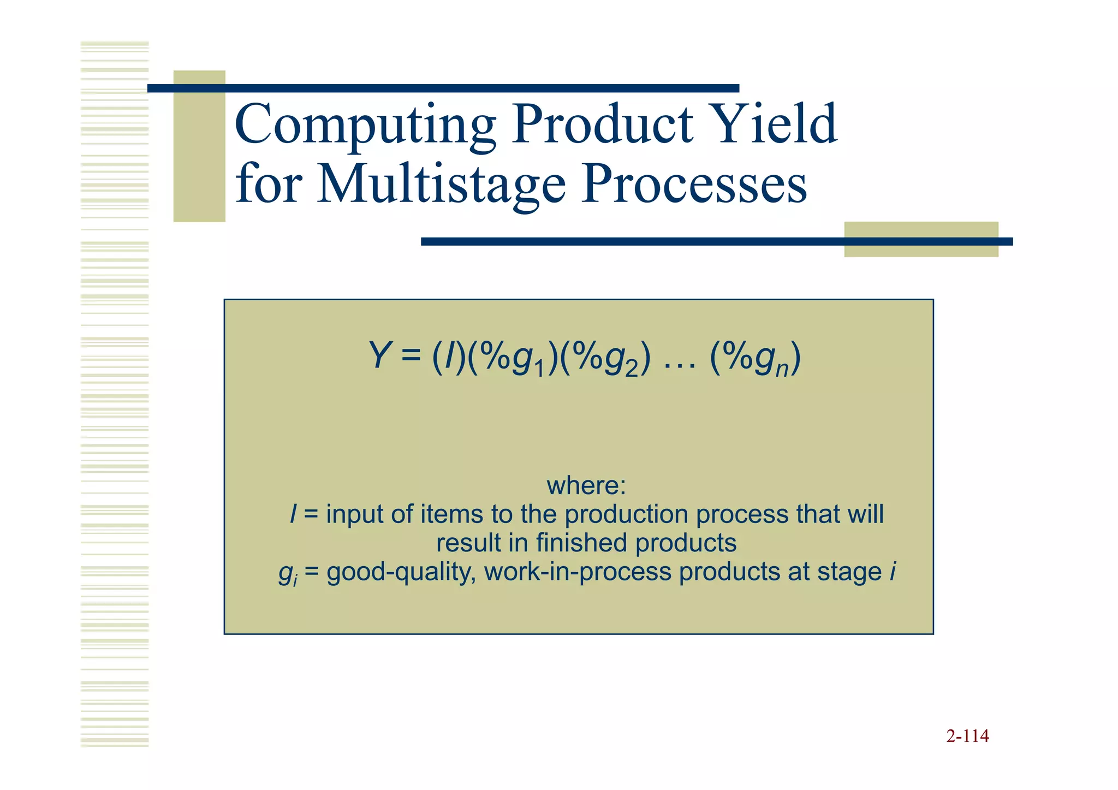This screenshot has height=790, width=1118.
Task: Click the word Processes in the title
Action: [x=693, y=184]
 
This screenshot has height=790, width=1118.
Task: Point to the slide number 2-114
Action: [x=967, y=736]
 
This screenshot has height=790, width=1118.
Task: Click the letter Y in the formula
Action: [x=379, y=356]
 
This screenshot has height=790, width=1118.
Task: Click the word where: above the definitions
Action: [x=586, y=485]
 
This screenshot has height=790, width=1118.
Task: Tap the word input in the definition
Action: [x=355, y=515]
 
